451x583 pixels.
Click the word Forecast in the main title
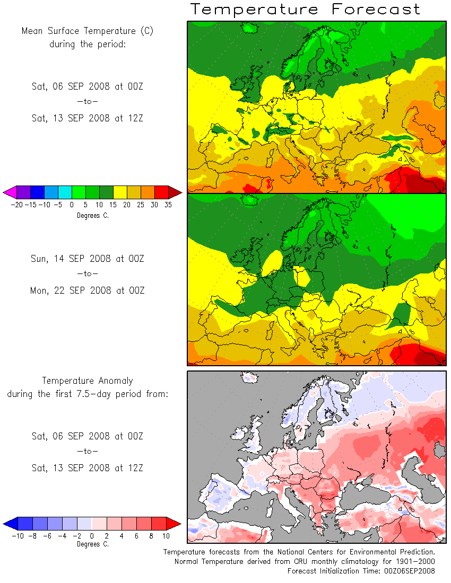click(x=376, y=9)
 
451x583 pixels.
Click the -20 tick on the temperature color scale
click(x=17, y=205)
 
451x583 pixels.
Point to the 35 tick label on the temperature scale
click(x=168, y=205)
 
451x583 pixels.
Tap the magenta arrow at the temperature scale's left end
click(x=10, y=192)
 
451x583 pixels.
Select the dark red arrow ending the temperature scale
click(x=175, y=192)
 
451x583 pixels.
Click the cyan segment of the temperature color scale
click(x=65, y=192)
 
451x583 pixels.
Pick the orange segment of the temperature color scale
click(x=148, y=192)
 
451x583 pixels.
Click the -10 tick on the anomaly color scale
click(x=18, y=536)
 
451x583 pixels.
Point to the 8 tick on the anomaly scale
click(x=151, y=536)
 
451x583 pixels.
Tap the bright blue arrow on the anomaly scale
click(x=11, y=524)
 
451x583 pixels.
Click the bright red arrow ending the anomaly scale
click(x=174, y=524)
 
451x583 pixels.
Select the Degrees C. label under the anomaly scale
click(x=93, y=544)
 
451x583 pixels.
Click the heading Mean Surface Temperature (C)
click(x=87, y=31)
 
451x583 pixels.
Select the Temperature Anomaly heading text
click(x=88, y=381)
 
